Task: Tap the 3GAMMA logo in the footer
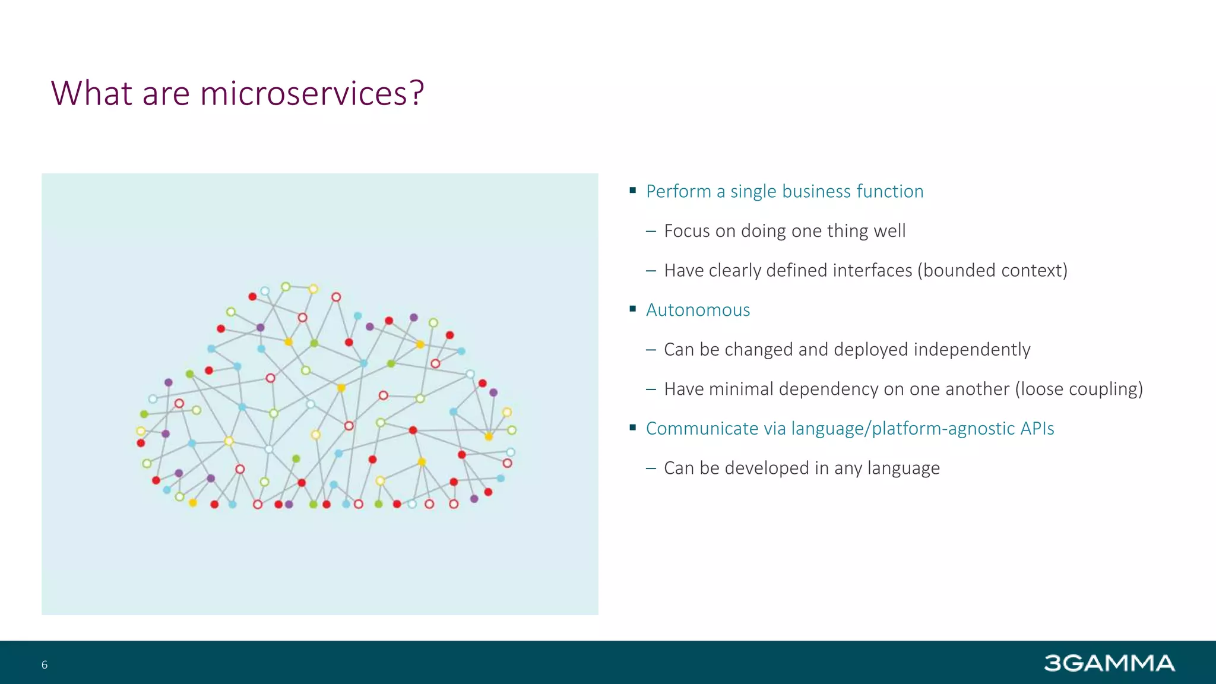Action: click(1109, 663)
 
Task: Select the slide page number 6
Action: click(45, 664)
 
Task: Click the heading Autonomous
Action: click(698, 310)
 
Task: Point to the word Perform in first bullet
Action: click(678, 191)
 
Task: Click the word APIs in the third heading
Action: click(1037, 428)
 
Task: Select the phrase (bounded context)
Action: click(992, 270)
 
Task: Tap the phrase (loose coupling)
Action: click(1079, 389)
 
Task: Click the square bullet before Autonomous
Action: click(633, 309)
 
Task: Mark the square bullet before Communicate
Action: click(633, 427)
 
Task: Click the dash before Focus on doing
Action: click(651, 231)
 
